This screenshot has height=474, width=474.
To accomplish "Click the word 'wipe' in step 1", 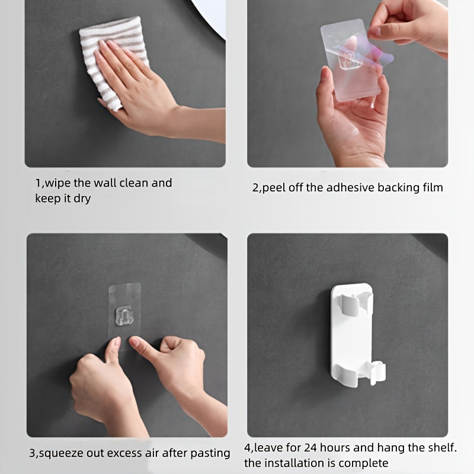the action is pos(57,183).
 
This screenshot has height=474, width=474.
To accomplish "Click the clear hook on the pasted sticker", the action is pos(124,316).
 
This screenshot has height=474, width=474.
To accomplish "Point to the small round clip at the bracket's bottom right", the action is pos(377,373).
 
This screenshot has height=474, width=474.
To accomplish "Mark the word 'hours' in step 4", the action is pos(335,448).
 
